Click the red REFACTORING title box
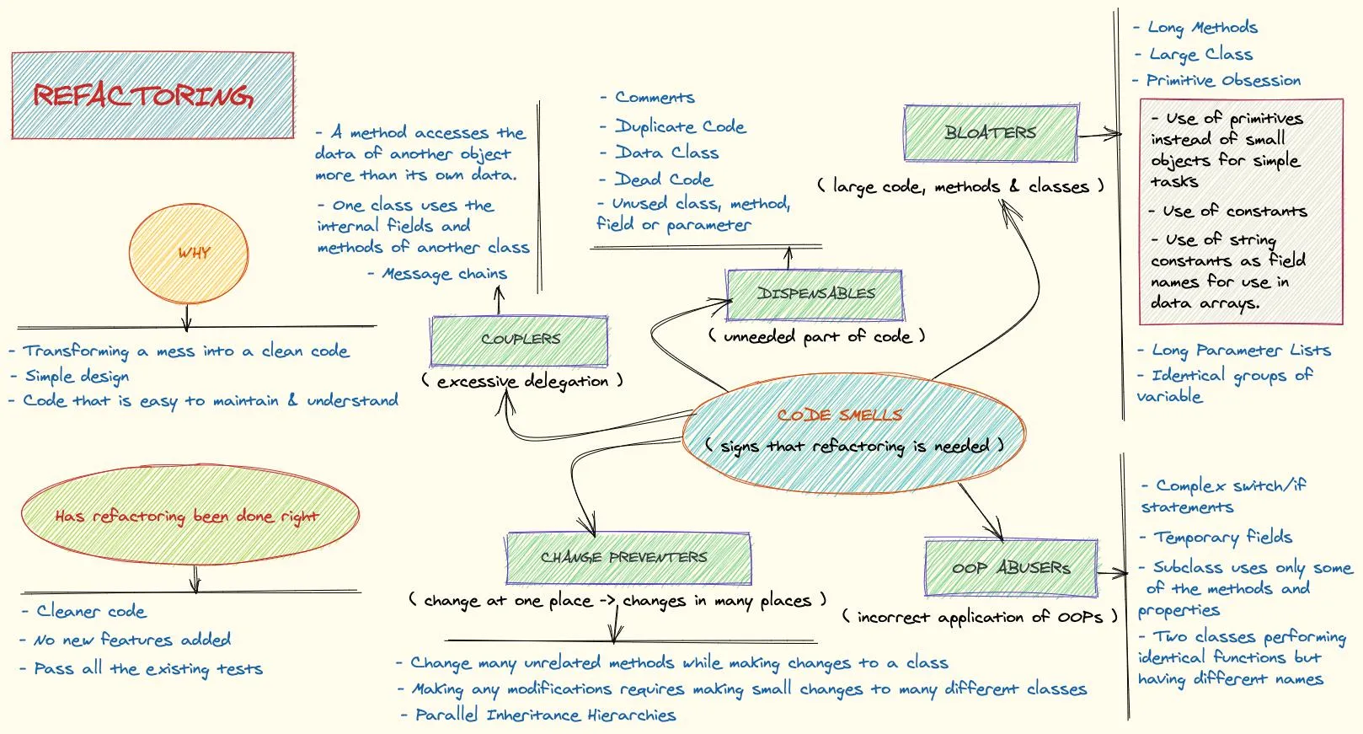[152, 95]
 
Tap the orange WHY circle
[189, 253]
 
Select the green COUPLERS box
[519, 340]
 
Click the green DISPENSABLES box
[815, 294]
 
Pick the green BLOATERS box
[991, 133]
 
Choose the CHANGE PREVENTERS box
[628, 558]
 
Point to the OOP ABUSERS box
[1012, 568]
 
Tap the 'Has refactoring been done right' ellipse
[189, 516]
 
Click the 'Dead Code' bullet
[663, 179]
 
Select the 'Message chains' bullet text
[444, 274]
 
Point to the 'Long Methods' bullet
[1202, 28]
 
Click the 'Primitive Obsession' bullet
[1223, 81]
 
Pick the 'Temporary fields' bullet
[1222, 537]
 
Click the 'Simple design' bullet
[77, 376]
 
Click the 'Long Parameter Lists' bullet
[1241, 351]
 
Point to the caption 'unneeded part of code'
[816, 336]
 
